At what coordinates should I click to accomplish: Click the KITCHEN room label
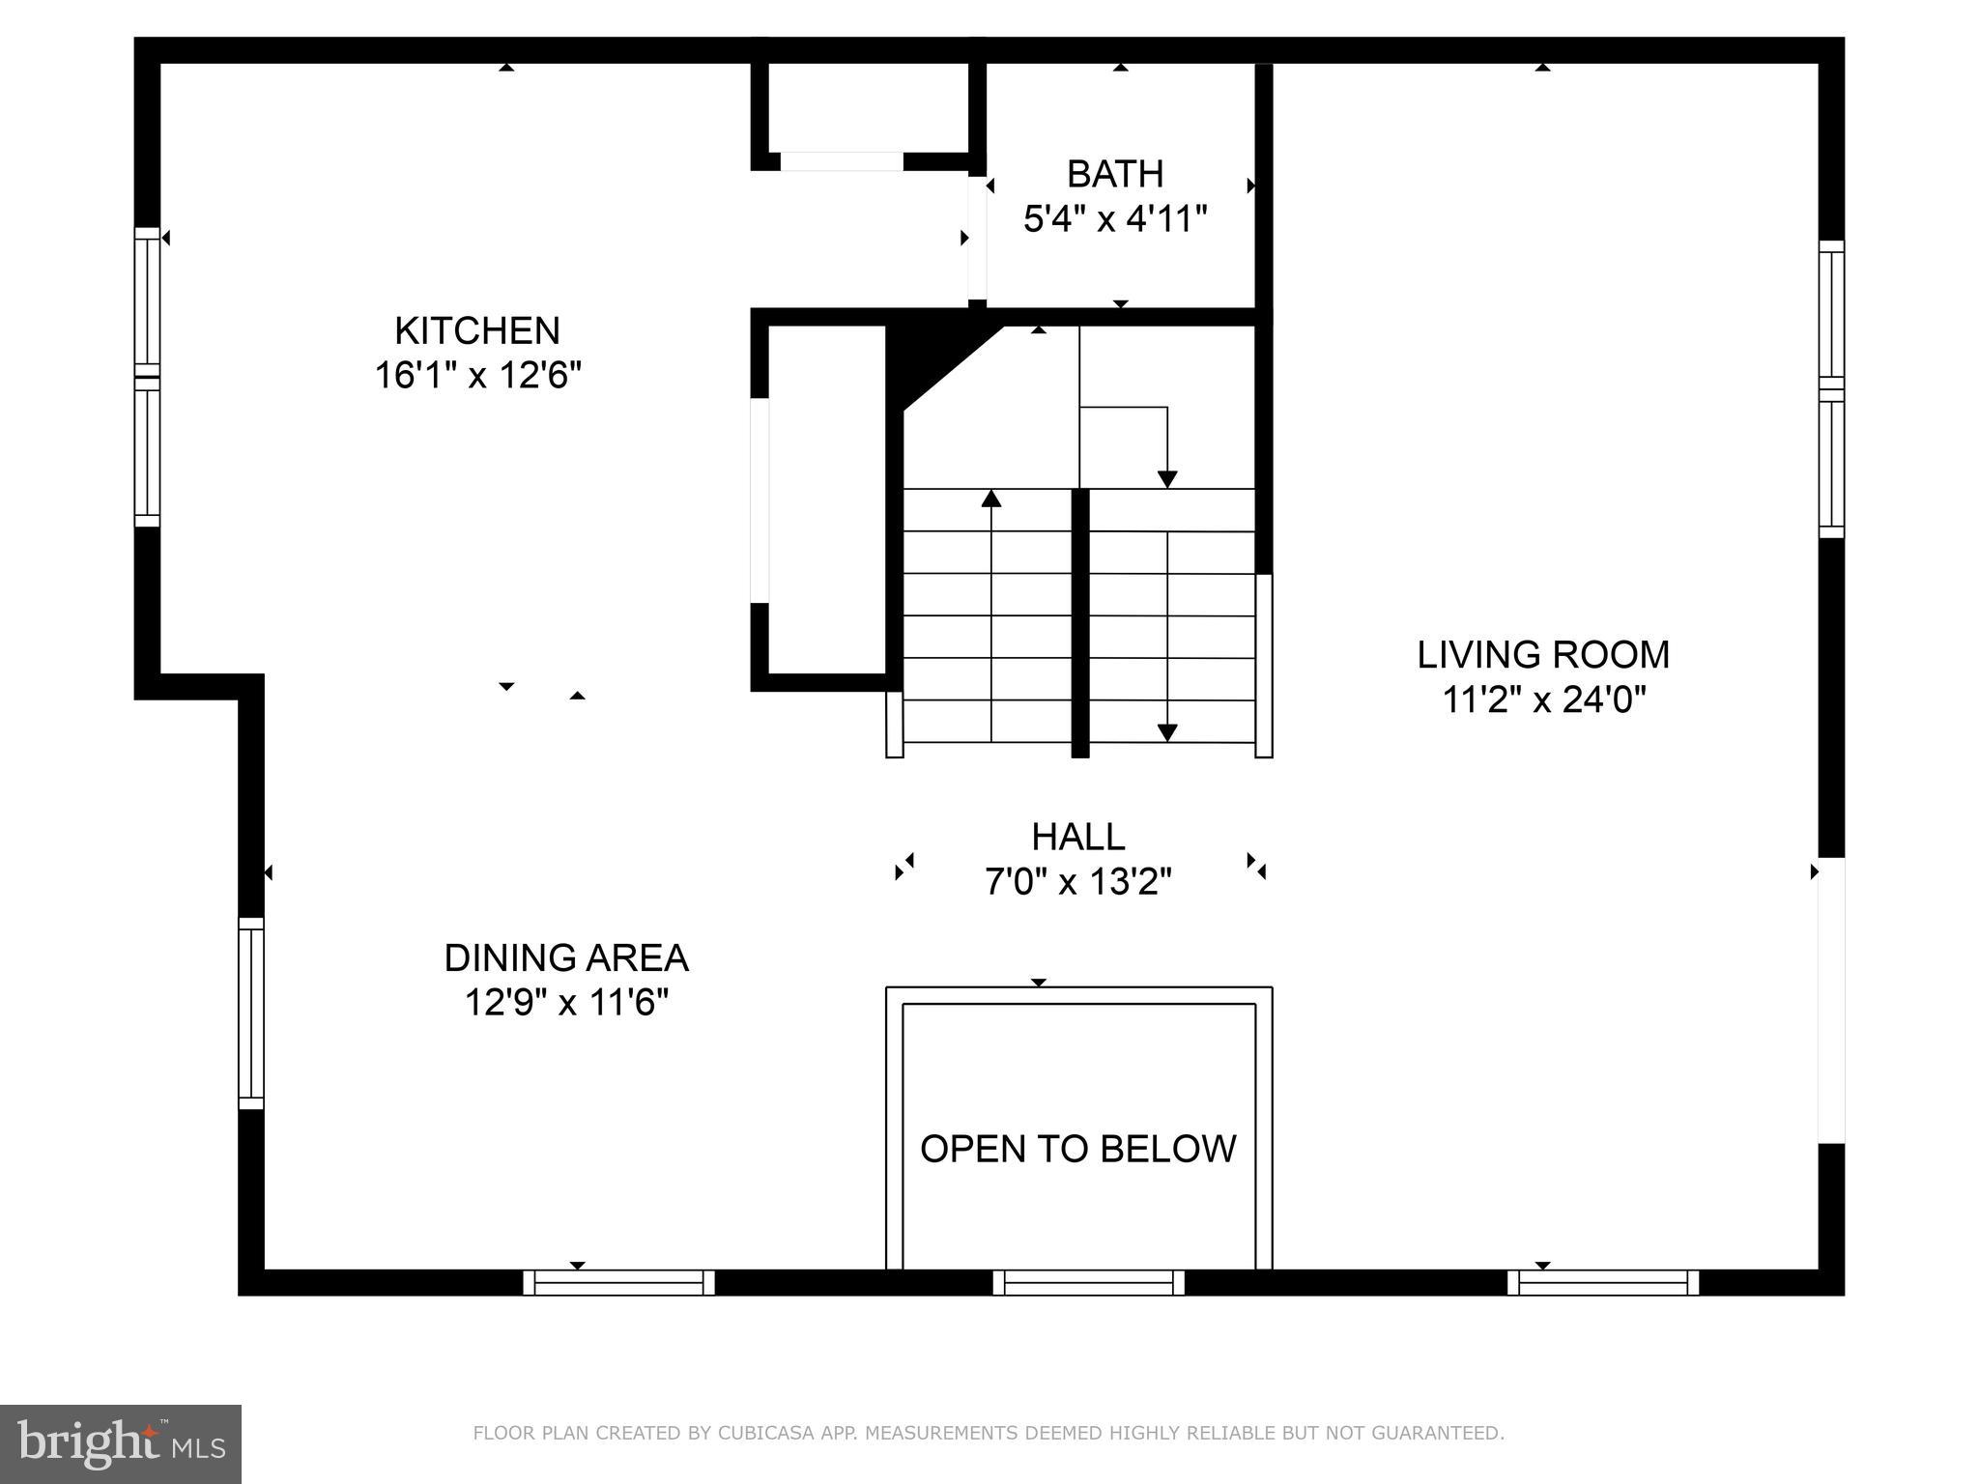tap(476, 331)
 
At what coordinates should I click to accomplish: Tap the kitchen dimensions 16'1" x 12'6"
tap(477, 375)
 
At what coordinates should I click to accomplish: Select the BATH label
tap(1115, 174)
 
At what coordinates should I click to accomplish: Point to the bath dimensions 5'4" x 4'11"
tap(1115, 218)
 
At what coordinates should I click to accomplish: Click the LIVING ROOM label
tap(1543, 655)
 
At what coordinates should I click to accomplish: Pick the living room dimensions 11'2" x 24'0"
tap(1543, 699)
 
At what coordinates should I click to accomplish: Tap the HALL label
tap(1078, 837)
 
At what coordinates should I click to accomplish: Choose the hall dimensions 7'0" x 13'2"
tap(1078, 881)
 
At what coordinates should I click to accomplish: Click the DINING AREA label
tap(566, 958)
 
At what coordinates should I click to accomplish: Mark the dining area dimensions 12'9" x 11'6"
tap(566, 1003)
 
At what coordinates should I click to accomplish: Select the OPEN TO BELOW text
tap(1078, 1149)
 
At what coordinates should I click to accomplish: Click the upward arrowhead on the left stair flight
tap(991, 499)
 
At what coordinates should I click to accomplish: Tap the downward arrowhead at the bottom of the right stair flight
tap(1167, 733)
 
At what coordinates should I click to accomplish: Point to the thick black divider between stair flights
tap(1080, 623)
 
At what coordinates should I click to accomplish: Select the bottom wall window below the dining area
tap(618, 1282)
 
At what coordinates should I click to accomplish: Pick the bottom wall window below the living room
tap(1603, 1282)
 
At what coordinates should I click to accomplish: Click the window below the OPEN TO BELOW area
tap(1088, 1282)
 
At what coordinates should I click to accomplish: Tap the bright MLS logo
tap(120, 1443)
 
